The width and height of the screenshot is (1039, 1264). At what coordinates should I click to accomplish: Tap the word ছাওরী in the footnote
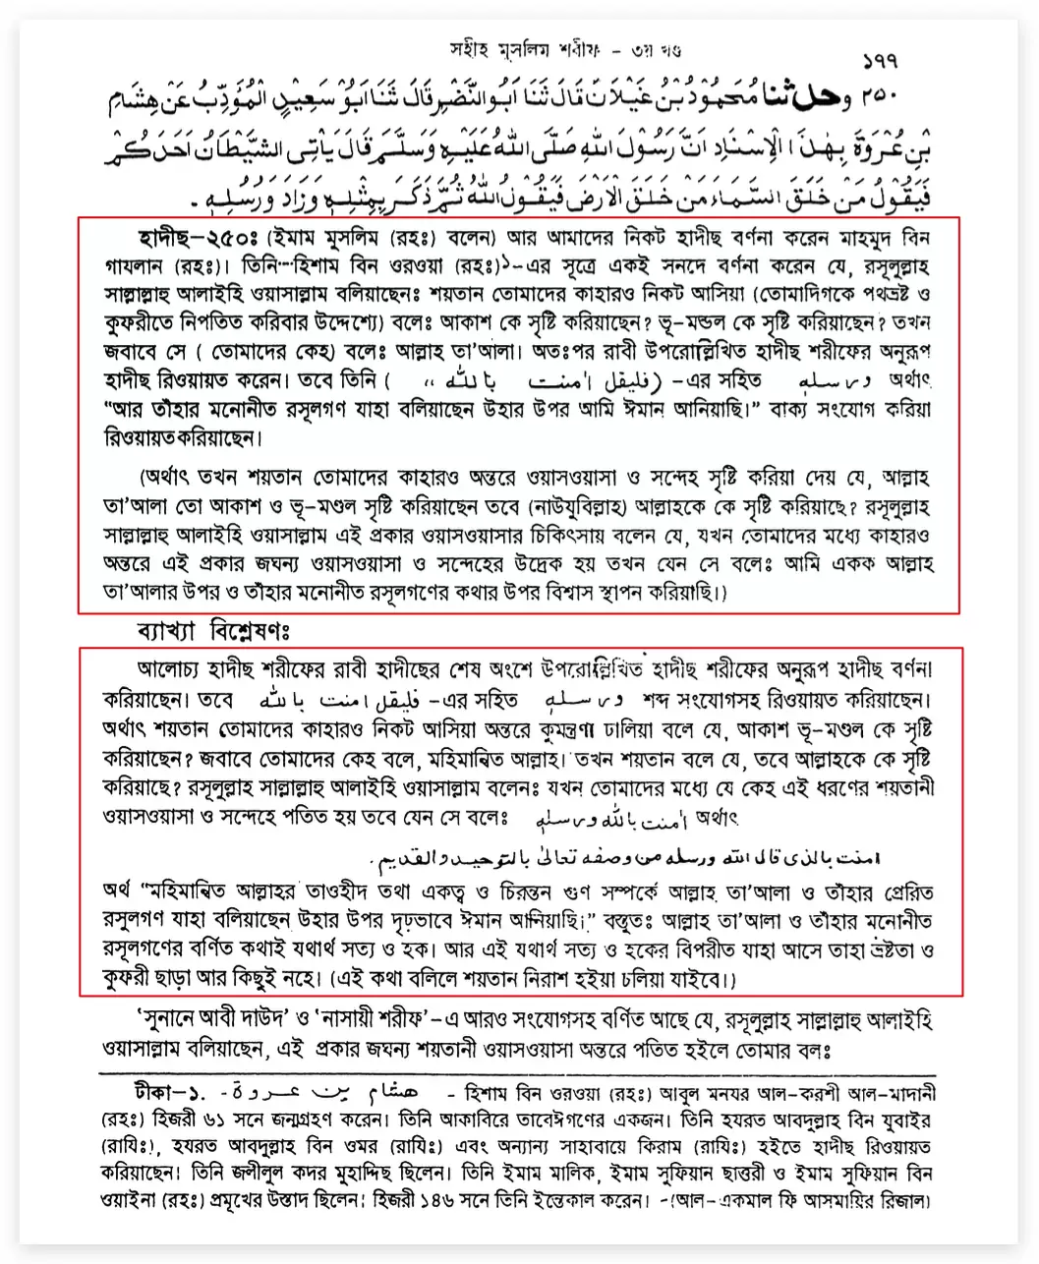coord(757,1175)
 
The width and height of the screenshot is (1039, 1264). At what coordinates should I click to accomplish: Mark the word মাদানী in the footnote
coord(901,1092)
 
